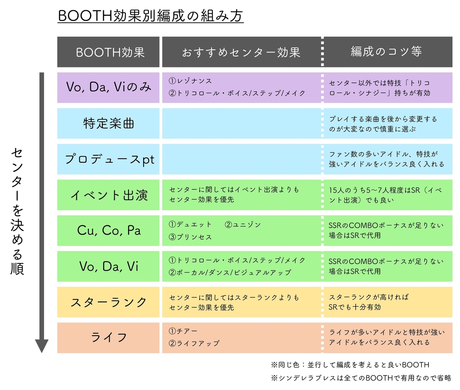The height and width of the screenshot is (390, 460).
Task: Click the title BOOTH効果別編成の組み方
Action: click(x=150, y=16)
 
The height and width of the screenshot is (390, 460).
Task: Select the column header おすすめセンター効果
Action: click(x=241, y=52)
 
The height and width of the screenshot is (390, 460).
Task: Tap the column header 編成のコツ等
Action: click(x=386, y=51)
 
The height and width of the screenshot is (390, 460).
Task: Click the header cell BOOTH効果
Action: click(x=110, y=52)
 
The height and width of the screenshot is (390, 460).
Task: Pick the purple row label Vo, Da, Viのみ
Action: click(x=108, y=87)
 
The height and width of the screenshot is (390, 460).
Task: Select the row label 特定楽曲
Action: click(x=108, y=123)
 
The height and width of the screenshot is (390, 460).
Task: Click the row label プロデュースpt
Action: click(x=110, y=159)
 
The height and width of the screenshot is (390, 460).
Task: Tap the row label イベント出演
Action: click(x=109, y=195)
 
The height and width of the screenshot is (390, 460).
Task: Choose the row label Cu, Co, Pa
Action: click(x=109, y=230)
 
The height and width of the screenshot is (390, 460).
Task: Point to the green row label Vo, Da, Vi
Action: click(x=109, y=266)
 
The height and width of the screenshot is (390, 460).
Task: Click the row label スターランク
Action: click(x=108, y=302)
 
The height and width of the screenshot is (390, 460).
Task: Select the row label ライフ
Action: click(x=108, y=337)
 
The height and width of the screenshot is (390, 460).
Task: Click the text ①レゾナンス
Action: click(x=190, y=81)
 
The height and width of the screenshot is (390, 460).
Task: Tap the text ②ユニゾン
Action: click(x=243, y=224)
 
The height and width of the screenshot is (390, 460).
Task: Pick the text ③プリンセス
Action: click(x=190, y=237)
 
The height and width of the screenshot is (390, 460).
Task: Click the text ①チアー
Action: click(x=183, y=331)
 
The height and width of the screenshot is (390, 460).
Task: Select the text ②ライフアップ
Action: click(x=194, y=343)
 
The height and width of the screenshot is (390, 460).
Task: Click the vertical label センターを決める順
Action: click(x=17, y=212)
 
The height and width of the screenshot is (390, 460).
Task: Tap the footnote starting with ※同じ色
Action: click(x=350, y=365)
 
